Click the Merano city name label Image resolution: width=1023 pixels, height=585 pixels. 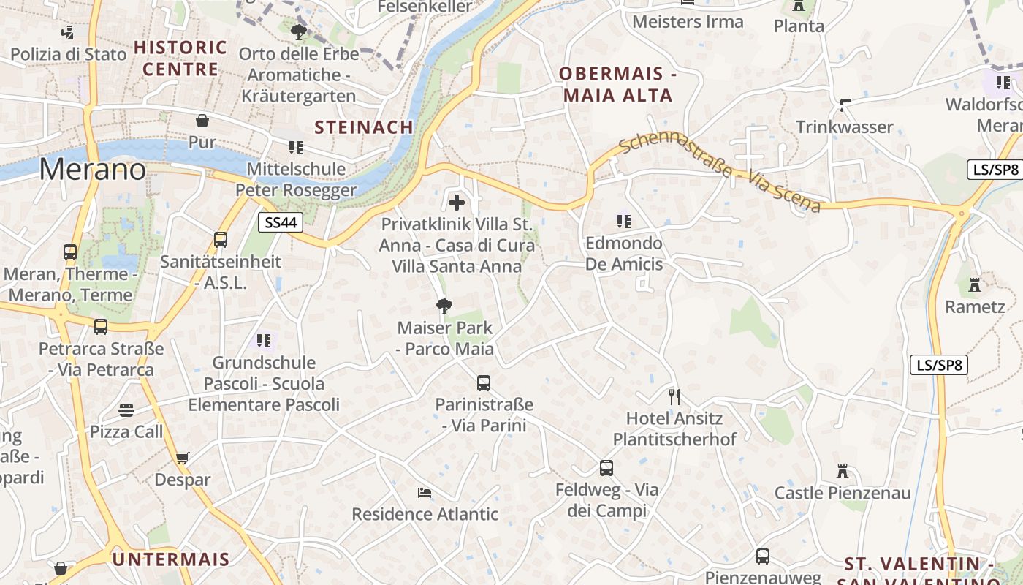point(93,170)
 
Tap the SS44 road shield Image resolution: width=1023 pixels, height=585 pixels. point(281,222)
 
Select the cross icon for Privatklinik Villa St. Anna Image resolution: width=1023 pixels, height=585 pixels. point(457,202)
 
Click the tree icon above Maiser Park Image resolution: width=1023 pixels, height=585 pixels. point(444,306)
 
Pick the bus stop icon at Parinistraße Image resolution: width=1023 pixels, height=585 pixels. point(483,382)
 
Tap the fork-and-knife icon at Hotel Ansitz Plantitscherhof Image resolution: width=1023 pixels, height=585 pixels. point(674,397)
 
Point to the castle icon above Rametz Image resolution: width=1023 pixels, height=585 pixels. point(974,284)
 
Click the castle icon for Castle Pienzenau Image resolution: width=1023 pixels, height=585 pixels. point(843,472)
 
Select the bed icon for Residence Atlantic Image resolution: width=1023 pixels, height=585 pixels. point(424,492)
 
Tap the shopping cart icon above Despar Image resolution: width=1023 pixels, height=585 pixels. point(182,458)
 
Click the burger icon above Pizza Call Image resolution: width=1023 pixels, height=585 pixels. point(126,410)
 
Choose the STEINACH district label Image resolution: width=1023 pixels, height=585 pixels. point(364,127)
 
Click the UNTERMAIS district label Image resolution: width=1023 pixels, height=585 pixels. point(171,559)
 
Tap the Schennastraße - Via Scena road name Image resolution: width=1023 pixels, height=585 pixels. point(720,173)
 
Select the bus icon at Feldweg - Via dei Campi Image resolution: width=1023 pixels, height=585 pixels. point(606,468)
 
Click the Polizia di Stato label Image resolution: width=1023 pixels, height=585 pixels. point(68,53)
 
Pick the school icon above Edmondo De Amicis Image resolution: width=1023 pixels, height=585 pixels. point(623,220)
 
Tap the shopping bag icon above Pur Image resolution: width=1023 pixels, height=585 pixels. point(202,120)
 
